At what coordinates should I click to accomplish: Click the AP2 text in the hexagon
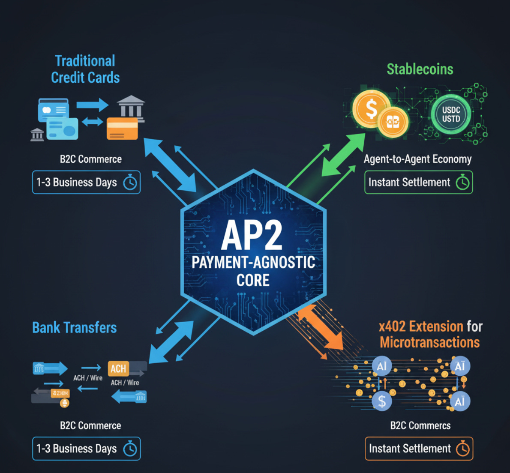pyautogui.click(x=252, y=235)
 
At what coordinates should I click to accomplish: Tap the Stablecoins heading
pyautogui.click(x=420, y=69)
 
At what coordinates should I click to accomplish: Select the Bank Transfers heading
pyautogui.click(x=75, y=328)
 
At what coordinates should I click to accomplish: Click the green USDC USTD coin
pyautogui.click(x=451, y=114)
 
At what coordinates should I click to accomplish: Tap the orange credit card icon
pyautogui.click(x=122, y=128)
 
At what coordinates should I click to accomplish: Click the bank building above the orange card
pyautogui.click(x=131, y=106)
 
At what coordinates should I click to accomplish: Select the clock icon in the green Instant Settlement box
pyautogui.click(x=462, y=183)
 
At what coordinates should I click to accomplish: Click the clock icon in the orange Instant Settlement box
pyautogui.click(x=463, y=449)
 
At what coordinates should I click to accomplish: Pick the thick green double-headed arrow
pyautogui.click(x=343, y=155)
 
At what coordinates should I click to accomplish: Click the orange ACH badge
pyautogui.click(x=118, y=368)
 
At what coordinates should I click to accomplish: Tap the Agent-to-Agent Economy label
pyautogui.click(x=417, y=159)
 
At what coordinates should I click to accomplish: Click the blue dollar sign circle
pyautogui.click(x=381, y=401)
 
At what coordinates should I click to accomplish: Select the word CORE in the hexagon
pyautogui.click(x=253, y=281)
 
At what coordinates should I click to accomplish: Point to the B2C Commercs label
pyautogui.click(x=420, y=425)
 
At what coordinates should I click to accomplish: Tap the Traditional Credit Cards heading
pyautogui.click(x=85, y=69)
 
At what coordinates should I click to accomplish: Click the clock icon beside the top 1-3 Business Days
pyautogui.click(x=130, y=183)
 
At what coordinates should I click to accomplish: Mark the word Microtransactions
pyautogui.click(x=429, y=342)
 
